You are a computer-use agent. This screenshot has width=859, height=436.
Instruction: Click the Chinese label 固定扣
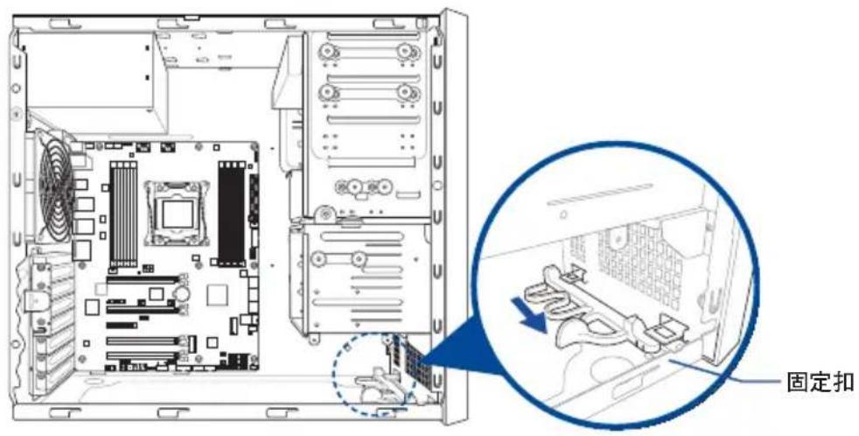click(819, 382)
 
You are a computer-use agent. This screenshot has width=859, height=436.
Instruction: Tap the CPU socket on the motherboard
click(177, 213)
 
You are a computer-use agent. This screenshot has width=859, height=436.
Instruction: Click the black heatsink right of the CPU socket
click(231, 213)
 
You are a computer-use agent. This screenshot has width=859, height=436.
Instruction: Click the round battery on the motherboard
click(182, 293)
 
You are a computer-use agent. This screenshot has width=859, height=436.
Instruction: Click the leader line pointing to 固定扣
click(728, 371)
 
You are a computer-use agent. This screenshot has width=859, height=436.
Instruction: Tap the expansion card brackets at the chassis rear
click(48, 324)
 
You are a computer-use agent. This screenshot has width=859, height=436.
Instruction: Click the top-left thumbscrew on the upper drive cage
click(327, 51)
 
